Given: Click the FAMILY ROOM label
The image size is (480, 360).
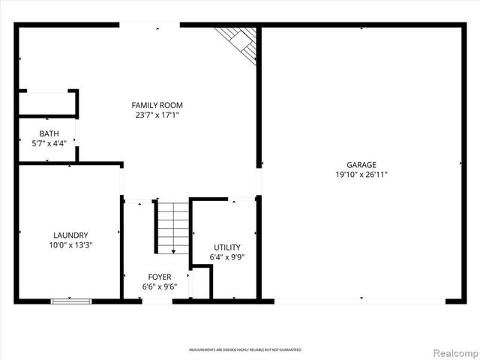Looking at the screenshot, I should (157, 105).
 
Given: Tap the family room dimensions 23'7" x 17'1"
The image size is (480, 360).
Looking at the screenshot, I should (157, 115).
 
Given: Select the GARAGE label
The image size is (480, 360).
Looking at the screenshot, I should (361, 164).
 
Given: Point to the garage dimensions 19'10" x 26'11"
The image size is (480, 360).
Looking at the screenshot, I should (361, 175).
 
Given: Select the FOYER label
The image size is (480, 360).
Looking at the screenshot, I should (159, 277).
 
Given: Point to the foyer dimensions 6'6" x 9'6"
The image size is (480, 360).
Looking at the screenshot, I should (159, 286).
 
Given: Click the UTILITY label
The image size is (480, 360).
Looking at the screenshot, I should (227, 247).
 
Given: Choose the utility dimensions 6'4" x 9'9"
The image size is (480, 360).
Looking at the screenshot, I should (227, 257).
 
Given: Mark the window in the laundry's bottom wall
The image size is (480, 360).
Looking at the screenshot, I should (71, 301).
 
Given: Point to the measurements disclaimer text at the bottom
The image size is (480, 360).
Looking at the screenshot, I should (244, 350).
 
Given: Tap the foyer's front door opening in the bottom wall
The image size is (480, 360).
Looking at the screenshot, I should (157, 301).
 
